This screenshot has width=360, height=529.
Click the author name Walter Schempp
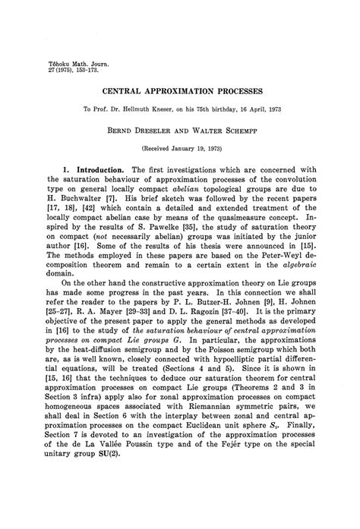[220, 131]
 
